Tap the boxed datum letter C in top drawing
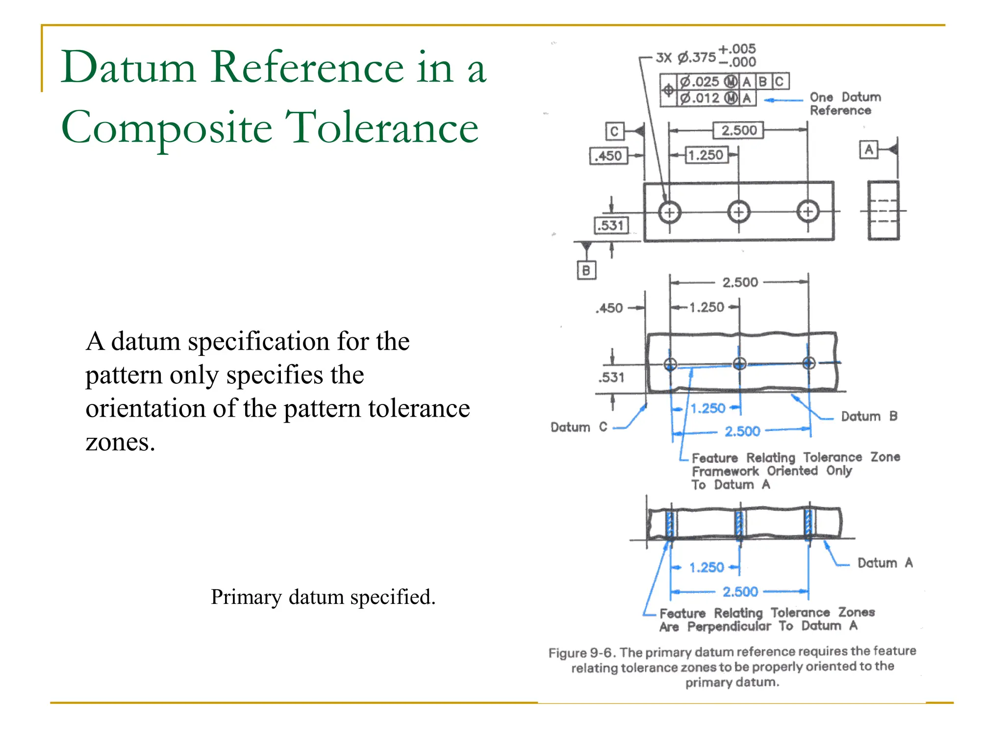click(614, 131)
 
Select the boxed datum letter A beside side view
click(868, 150)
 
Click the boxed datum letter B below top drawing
click(586, 271)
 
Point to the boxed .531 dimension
click(611, 226)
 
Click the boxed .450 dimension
click(608, 156)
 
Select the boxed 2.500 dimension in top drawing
click(738, 130)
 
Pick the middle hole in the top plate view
click(739, 212)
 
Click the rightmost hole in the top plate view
click(808, 212)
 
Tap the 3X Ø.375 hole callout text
click(686, 57)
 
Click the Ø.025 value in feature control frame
click(700, 81)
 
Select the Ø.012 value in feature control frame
click(700, 98)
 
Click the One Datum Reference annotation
click(844, 103)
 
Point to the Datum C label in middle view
click(578, 427)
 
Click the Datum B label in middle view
click(869, 416)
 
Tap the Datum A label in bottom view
click(884, 563)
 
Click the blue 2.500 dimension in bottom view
click(740, 592)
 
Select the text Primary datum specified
click(323, 597)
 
